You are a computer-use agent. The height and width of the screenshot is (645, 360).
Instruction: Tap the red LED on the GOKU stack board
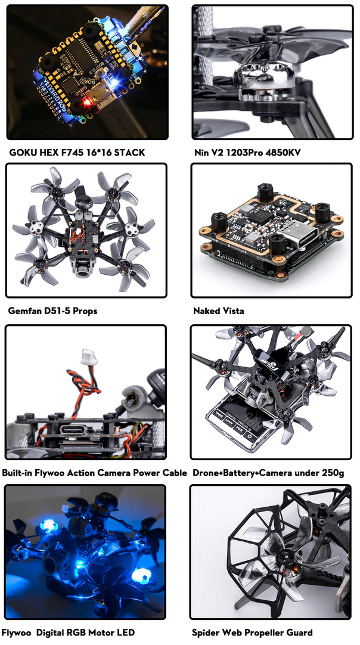[x=86, y=101]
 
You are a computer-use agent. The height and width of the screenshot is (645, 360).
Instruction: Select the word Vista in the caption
[x=232, y=311]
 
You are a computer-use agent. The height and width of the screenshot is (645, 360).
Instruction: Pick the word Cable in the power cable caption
[x=175, y=473]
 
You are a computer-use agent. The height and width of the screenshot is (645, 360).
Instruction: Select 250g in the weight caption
[x=333, y=473]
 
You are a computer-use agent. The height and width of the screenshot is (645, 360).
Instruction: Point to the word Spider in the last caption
[x=205, y=632]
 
